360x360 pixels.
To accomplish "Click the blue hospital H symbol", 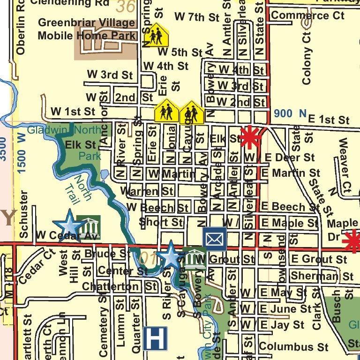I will coord(155,338).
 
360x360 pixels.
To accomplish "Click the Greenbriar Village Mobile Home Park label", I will coord(87,29).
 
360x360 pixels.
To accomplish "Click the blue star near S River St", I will coord(170,256).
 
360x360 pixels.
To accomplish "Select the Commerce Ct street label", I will coord(307,15).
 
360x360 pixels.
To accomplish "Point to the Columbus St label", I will coord(293,347).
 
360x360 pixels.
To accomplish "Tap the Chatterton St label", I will coord(119,286).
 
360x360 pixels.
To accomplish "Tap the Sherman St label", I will coord(322,276).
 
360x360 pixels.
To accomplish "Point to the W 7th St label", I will coord(197,17).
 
